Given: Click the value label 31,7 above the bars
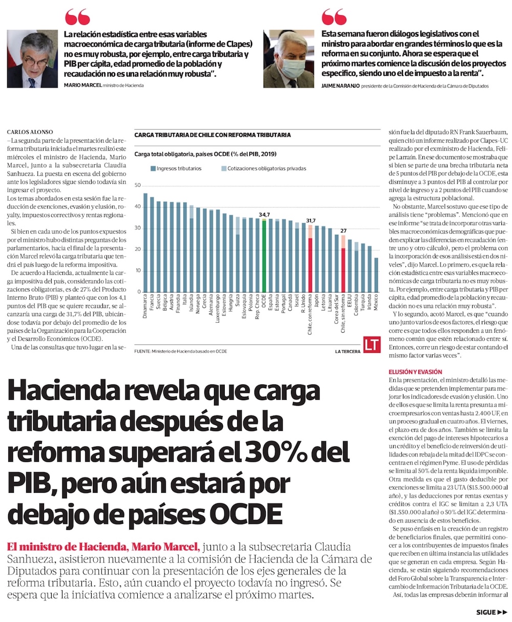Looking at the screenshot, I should [x=310, y=221].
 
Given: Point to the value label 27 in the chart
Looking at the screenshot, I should [x=344, y=230].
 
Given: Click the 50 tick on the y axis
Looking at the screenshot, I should [x=137, y=185].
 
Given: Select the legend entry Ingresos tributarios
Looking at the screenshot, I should [x=176, y=168].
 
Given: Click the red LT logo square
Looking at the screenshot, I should [x=371, y=345].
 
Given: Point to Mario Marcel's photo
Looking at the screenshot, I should [x=32, y=58].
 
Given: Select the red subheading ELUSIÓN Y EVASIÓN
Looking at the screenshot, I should [x=415, y=372].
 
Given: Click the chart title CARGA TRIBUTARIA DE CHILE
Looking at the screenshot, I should [x=212, y=135].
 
